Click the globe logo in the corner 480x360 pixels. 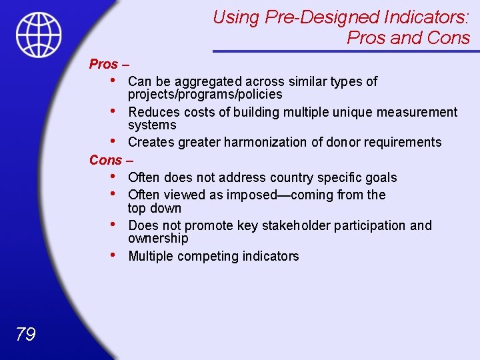pos(39,34)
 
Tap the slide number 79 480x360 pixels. pos(25,334)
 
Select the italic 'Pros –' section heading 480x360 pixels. pos(109,65)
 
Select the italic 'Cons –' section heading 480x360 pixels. pos(111,160)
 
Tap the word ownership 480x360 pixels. pos(158,239)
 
